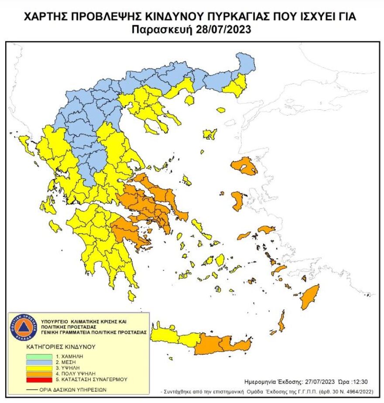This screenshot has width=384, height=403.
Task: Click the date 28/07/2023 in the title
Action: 224,30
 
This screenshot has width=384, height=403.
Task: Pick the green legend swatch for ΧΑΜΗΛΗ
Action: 38,356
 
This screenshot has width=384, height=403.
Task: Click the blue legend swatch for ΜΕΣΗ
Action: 38,362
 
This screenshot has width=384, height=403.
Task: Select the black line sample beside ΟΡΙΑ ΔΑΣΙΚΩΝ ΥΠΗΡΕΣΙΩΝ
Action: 34,390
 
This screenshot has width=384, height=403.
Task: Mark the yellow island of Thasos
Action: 189,100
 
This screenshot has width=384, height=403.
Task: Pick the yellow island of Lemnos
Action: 210,133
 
